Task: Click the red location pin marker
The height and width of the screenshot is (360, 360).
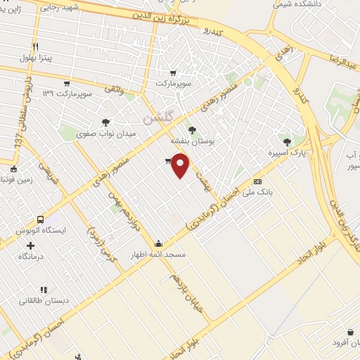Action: [x=181, y=166]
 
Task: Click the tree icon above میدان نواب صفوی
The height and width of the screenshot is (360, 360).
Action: [x=105, y=121]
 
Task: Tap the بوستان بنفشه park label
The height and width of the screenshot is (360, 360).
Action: [x=191, y=141]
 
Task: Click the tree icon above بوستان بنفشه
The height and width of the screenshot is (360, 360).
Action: [x=191, y=130]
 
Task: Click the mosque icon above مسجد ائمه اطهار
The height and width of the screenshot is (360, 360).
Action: [x=162, y=243]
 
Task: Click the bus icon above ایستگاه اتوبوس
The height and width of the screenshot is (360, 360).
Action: [x=40, y=220]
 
